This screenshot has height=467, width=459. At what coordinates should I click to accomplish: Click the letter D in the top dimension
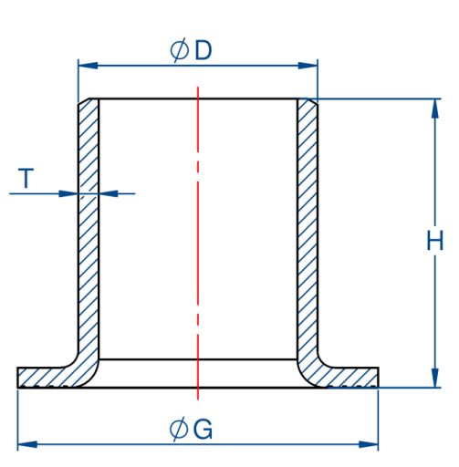[x=203, y=50]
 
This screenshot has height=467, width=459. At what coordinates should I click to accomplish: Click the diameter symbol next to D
[x=179, y=50]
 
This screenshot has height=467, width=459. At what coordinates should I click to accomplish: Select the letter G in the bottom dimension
[x=203, y=429]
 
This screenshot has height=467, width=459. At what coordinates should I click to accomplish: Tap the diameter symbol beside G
[x=179, y=429]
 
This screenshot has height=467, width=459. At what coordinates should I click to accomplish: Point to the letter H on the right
[x=435, y=240]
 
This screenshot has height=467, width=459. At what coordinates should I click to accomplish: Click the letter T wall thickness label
[x=26, y=178]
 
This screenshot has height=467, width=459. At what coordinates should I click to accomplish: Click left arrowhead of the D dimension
[x=89, y=66]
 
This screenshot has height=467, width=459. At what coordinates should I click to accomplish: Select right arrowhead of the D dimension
[x=308, y=66]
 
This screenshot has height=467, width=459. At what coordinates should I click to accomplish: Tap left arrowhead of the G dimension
[x=27, y=444]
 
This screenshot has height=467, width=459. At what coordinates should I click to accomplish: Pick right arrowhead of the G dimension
[x=369, y=444]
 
